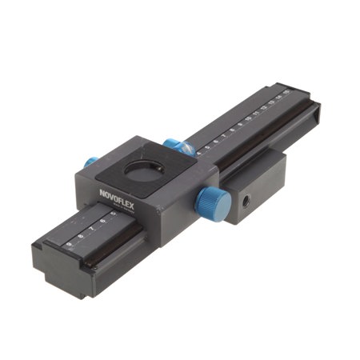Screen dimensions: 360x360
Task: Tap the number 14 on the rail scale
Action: pyautogui.click(x=279, y=98)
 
